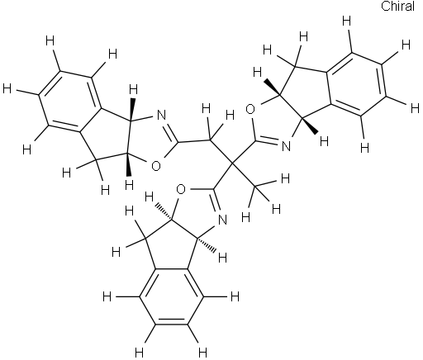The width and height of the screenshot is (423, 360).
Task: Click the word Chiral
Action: pyautogui.click(x=397, y=6)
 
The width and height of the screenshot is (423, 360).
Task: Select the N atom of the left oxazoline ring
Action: pyautogui.click(x=161, y=115)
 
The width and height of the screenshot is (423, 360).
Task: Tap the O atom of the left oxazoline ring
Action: pyautogui.click(x=156, y=166)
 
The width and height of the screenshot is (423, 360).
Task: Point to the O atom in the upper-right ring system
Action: pyautogui.click(x=250, y=109)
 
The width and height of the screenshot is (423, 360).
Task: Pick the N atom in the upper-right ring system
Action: pyautogui.click(x=287, y=146)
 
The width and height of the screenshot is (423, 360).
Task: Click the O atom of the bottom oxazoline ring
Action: pyautogui.click(x=180, y=189)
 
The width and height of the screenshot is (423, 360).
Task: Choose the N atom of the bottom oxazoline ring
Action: pyautogui.click(x=222, y=220)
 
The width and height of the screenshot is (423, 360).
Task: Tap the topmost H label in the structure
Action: pyautogui.click(x=347, y=21)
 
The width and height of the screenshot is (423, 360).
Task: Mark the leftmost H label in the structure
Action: pyautogui.click(x=7, y=89)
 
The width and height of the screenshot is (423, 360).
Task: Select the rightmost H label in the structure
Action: pyautogui.click(x=415, y=109)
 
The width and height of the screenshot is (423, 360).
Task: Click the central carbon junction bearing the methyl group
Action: pyautogui.click(x=232, y=163)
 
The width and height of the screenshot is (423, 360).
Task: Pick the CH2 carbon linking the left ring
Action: pyautogui.click(x=211, y=140)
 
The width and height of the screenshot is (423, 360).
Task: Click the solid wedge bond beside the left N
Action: pyautogui.click(x=132, y=108)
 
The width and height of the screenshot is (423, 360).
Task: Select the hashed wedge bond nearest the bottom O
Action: pyautogui.click(x=164, y=211)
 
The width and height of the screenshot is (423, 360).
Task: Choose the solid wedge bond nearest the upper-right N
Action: pyautogui.click(x=311, y=126)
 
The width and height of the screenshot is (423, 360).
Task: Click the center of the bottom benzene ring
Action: pyautogui.click(x=172, y=296)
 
